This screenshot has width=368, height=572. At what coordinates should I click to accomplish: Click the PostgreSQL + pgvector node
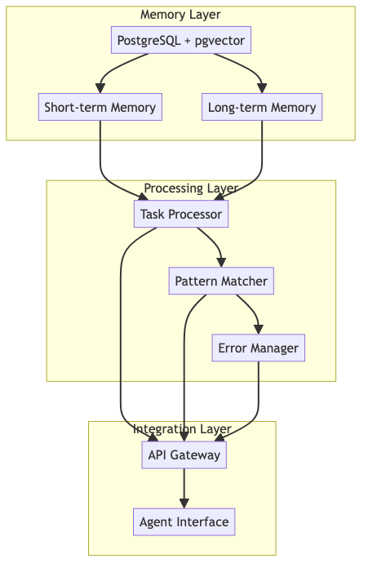(x=180, y=40)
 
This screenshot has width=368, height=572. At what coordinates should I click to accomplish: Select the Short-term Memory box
(x=100, y=107)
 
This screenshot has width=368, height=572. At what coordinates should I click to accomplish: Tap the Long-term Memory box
(x=261, y=107)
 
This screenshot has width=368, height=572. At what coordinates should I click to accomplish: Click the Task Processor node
(x=180, y=214)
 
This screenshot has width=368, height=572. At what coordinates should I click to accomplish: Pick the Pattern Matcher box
(x=221, y=282)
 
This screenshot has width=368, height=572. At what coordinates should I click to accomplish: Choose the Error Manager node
(x=259, y=348)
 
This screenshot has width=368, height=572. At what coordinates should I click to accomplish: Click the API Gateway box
(x=184, y=455)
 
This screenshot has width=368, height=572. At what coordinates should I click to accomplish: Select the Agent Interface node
(x=184, y=522)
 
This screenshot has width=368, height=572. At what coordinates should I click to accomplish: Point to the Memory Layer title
(x=180, y=15)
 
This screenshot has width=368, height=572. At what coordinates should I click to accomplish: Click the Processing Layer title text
(x=191, y=188)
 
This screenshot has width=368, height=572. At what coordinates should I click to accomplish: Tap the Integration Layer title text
(x=182, y=429)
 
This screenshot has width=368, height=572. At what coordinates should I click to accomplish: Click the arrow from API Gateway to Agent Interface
(x=184, y=489)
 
